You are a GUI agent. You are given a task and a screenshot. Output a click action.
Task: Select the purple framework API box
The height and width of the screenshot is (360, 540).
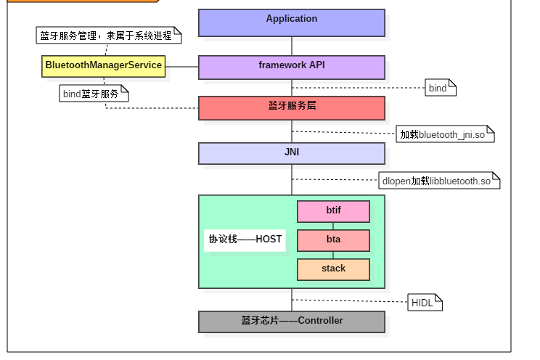292,67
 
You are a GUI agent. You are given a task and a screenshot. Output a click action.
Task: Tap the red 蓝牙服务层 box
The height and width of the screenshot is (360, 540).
292,107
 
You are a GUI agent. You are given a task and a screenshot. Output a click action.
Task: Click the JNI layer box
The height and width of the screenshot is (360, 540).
292,153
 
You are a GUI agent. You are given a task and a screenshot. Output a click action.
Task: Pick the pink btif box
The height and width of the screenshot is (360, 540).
333,211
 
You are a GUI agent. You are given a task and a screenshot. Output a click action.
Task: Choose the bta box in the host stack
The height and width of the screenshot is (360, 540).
333,240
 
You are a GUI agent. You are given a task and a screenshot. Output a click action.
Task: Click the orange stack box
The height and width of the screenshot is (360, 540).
333,269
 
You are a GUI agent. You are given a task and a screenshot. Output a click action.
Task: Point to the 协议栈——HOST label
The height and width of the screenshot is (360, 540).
245,240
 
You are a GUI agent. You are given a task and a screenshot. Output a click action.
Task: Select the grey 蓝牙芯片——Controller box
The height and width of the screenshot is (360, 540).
292,322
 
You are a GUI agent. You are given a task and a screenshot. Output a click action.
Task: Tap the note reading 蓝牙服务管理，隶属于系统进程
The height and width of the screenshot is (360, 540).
107,35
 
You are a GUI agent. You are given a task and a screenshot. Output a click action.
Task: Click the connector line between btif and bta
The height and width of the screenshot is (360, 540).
333,226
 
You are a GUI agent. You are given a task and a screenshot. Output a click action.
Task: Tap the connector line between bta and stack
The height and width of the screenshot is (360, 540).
333,255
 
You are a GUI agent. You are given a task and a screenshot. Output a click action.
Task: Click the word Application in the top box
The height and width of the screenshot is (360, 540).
292,19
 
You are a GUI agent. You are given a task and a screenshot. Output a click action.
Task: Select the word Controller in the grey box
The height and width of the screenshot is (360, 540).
320,321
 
